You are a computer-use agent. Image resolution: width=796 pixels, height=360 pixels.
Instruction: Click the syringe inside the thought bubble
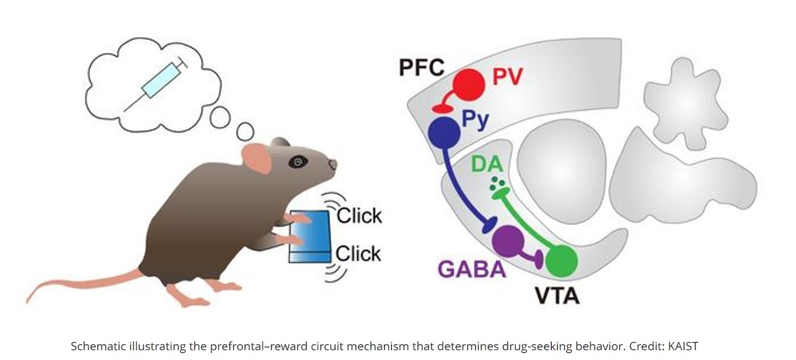[160, 82]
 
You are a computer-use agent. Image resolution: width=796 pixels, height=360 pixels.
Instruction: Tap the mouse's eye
[298, 161]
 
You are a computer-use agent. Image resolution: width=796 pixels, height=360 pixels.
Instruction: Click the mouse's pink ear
[257, 157]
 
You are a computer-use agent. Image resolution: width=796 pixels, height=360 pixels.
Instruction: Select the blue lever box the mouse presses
[309, 236]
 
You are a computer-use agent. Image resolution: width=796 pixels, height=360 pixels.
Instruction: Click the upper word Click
[359, 216]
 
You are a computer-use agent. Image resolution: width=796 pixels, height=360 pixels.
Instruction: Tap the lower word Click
[358, 254]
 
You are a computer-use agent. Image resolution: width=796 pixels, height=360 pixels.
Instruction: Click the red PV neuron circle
[468, 84]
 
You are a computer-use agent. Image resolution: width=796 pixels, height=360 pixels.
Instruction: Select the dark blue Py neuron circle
[444, 132]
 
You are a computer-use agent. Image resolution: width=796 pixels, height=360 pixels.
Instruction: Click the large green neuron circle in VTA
[561, 261]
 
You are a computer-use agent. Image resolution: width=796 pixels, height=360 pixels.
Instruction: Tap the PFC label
[421, 67]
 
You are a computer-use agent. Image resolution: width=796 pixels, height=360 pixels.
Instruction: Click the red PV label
[507, 77]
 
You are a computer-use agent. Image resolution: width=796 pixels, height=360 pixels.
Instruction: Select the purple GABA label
[472, 270]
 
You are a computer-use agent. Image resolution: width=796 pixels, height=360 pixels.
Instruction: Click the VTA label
[557, 295]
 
